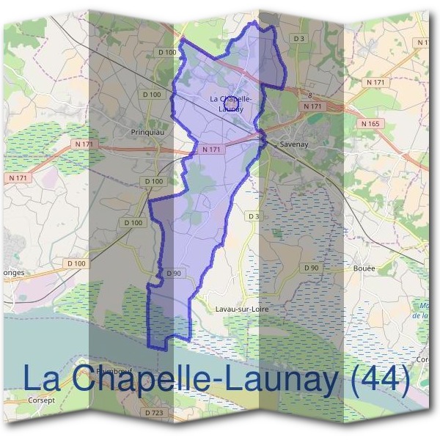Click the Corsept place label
pos(41,401)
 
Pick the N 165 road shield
pos(371,124)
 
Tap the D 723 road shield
pos(154,414)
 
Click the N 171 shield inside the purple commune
pos(211,150)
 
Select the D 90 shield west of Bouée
pos(311,268)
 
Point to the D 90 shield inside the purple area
pos(174,274)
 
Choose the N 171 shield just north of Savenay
pos(313,107)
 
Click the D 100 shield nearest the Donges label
pos(76,263)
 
